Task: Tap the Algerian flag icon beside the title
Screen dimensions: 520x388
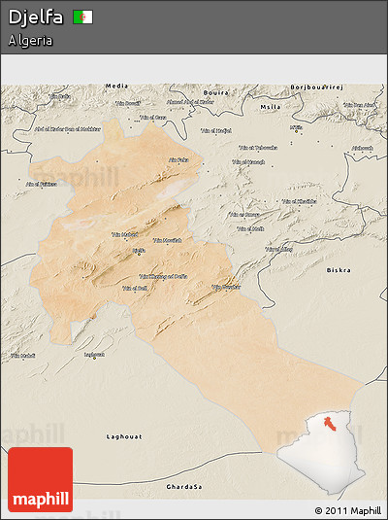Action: click(83, 17)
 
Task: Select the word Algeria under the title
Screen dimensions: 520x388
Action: click(30, 41)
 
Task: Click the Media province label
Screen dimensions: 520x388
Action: click(116, 86)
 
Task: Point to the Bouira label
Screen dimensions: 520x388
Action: click(215, 91)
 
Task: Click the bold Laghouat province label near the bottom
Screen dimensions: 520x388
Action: click(123, 437)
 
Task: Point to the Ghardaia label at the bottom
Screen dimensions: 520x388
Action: click(184, 485)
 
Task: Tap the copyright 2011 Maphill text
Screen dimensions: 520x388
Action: click(347, 510)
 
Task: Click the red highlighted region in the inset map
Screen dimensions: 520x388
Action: click(330, 423)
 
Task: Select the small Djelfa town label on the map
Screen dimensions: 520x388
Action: click(139, 250)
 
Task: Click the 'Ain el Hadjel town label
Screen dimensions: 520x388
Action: click(215, 130)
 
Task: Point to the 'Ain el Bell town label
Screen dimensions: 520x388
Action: click(134, 288)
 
